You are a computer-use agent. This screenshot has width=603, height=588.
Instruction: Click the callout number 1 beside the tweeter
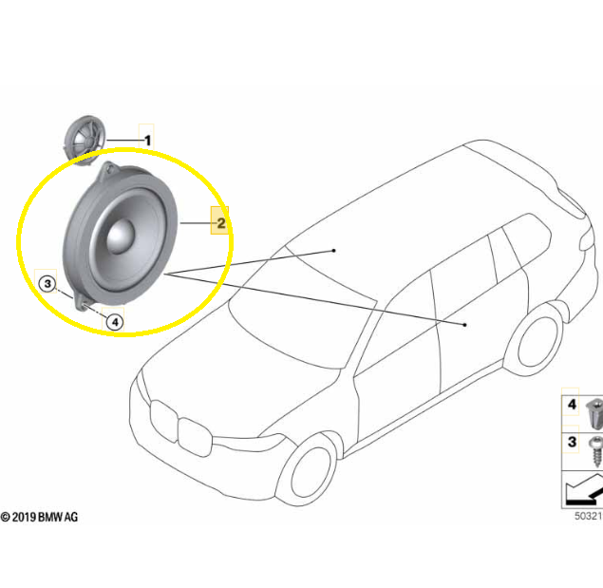coord(147,141)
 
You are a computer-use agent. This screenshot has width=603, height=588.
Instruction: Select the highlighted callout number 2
coord(220,223)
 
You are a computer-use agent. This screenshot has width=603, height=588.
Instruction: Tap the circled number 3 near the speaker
coord(47,284)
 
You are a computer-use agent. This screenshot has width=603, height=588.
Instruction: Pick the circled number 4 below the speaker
coord(115,322)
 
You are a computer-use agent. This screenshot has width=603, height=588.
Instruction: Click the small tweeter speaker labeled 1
coord(85,140)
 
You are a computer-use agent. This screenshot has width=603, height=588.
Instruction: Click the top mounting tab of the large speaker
coord(109,169)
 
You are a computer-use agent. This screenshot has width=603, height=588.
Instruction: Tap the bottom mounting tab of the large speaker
coord(83,302)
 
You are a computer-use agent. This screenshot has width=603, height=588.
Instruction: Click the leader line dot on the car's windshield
coord(334,251)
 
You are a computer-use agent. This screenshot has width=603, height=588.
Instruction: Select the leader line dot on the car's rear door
coord(464,325)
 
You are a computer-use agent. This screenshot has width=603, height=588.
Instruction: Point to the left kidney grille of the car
coord(164,422)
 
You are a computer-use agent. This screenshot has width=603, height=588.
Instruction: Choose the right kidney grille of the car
coord(195,438)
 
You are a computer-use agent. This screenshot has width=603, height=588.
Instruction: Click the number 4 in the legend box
coord(572,404)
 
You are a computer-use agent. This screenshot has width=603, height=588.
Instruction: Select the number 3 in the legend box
coord(572,442)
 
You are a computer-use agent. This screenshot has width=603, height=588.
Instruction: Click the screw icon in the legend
coord(596,451)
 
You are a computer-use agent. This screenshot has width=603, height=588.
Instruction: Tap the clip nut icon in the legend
coord(594,413)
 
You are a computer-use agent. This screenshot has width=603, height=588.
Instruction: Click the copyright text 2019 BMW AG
coord(39,517)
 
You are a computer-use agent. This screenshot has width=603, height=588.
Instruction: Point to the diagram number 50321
coord(589,516)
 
